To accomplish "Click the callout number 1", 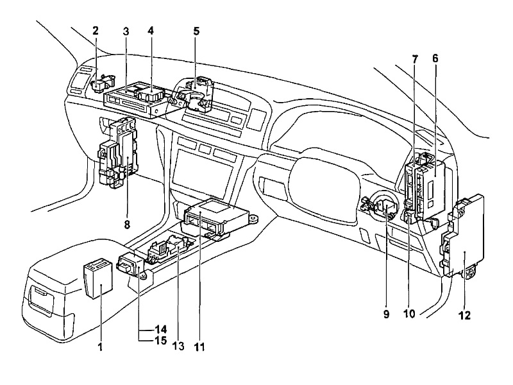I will pos(101,347).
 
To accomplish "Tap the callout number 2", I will pos(96,30).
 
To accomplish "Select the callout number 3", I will pos(126,30).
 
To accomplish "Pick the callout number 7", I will pos(415,58).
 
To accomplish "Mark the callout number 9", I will pos(387,314).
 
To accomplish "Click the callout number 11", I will pos(199,347).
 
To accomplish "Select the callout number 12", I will pos(464,315).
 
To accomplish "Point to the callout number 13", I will pos(178,347).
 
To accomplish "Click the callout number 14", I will pos(161,329).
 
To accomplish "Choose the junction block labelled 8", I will pos(119,154).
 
